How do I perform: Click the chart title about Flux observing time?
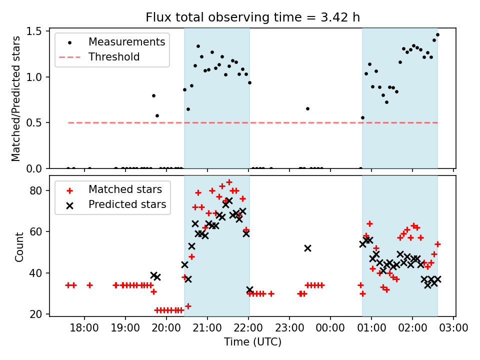252,17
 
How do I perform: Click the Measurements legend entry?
126,42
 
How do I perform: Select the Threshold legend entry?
114,57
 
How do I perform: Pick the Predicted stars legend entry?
127,204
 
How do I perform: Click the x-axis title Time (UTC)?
252,342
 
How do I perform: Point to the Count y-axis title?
19,246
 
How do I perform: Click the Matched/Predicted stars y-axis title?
16,98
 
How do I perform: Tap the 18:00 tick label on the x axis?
84,328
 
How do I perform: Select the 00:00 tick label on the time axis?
330,328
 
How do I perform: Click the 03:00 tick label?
453,328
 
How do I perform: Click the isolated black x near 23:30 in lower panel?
307,248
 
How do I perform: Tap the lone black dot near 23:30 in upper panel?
307,108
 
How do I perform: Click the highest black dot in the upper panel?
437,35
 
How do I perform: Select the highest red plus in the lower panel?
229,182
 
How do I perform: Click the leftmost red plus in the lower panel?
68,285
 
